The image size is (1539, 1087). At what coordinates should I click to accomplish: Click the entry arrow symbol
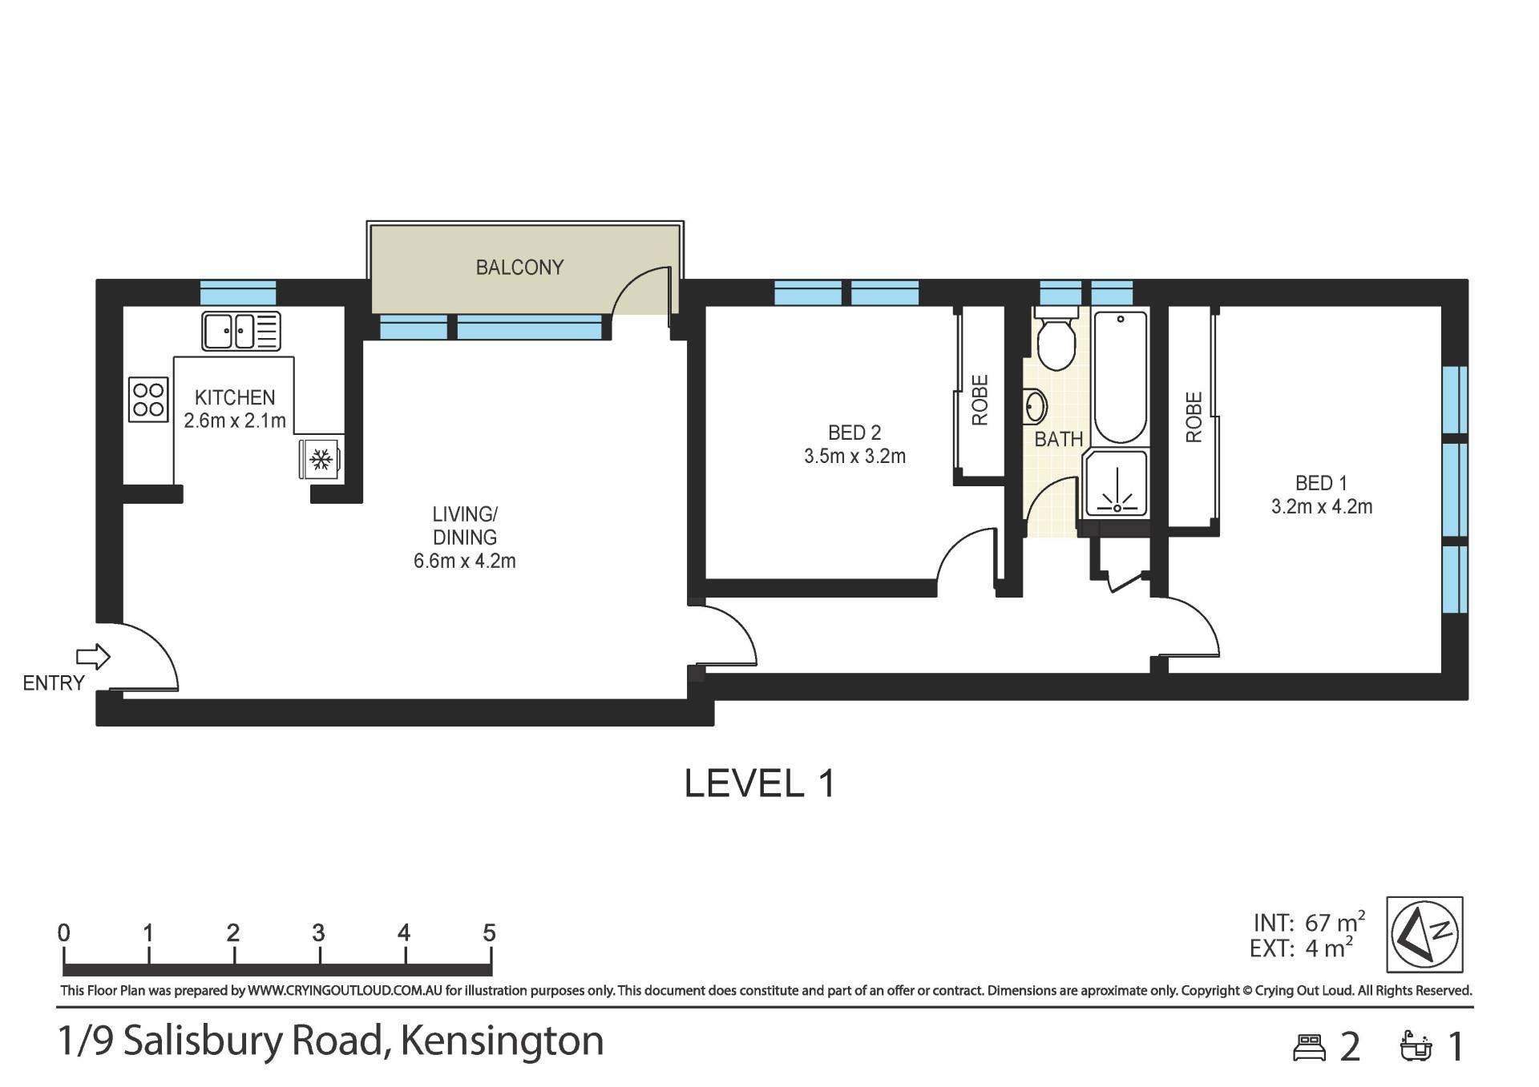(x=93, y=657)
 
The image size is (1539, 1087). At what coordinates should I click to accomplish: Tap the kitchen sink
(x=240, y=331)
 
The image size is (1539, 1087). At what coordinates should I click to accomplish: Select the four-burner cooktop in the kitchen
(x=148, y=400)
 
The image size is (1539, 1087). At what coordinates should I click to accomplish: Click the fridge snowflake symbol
(x=321, y=459)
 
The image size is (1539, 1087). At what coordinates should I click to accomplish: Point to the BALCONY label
(x=519, y=267)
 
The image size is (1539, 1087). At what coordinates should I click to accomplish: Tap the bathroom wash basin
(x=1036, y=407)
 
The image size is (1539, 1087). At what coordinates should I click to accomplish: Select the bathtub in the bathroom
(x=1121, y=377)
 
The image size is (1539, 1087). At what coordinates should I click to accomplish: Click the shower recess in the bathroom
(x=1115, y=483)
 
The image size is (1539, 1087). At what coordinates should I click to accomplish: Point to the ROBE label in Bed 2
(x=980, y=400)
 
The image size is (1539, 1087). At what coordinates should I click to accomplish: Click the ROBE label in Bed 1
(x=1194, y=417)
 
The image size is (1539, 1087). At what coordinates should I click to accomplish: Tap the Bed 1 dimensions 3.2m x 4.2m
(x=1322, y=506)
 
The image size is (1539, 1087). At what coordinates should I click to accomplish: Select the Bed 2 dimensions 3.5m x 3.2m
(x=854, y=456)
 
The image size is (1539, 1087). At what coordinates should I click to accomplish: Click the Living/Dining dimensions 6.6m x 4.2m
(x=464, y=561)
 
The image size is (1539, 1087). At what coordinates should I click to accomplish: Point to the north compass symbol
(x=1424, y=934)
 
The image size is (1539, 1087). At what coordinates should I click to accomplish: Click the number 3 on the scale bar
(x=318, y=932)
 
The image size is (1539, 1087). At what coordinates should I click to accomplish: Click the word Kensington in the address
(x=502, y=1041)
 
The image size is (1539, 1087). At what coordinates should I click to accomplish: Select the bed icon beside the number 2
(x=1310, y=1048)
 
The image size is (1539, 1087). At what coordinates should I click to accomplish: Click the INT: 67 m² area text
(x=1309, y=922)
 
